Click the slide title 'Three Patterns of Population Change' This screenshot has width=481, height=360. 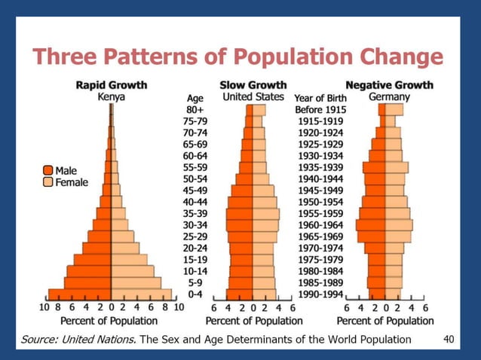point(237,57)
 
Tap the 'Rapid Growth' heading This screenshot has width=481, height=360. point(112,85)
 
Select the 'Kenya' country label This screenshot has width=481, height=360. point(111,98)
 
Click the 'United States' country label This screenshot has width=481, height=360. point(253,97)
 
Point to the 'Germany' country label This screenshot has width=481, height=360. point(389,98)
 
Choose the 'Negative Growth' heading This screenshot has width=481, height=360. point(389,85)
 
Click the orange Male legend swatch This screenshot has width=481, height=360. point(47,171)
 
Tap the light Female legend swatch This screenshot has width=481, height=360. point(47,182)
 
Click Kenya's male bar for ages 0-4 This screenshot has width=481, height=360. point(79,294)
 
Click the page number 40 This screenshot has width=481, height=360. point(448,339)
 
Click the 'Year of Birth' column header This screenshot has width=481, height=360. point(320,98)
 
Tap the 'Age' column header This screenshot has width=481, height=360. point(195,98)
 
